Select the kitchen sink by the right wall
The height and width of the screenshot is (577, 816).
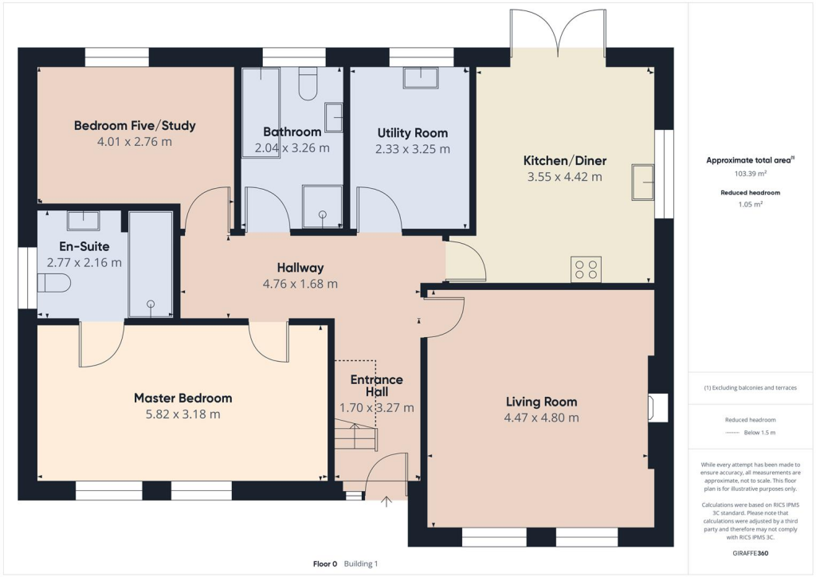coord(642,183)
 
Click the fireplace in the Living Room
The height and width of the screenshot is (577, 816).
coord(655,407)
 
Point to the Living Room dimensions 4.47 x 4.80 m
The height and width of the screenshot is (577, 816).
coord(542,418)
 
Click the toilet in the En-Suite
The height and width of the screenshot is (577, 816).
coord(54,282)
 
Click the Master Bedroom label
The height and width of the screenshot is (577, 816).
coord(182,398)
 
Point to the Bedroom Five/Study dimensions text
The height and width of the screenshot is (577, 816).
coord(134,142)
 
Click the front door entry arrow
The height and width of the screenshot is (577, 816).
coord(387,501)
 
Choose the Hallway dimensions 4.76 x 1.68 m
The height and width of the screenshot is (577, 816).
coord(300,284)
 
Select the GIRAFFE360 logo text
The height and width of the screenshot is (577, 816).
coord(749,551)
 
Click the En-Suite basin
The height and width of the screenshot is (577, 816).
coord(83,221)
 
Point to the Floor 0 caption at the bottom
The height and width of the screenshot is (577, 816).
coord(327,563)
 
